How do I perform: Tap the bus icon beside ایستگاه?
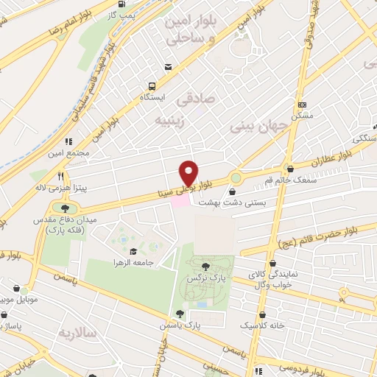[x=151, y=85]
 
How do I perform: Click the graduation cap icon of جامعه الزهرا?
[x=133, y=252]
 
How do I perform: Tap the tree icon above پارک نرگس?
[x=205, y=267]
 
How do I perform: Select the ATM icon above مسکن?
[x=302, y=105]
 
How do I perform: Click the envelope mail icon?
[x=169, y=67]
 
